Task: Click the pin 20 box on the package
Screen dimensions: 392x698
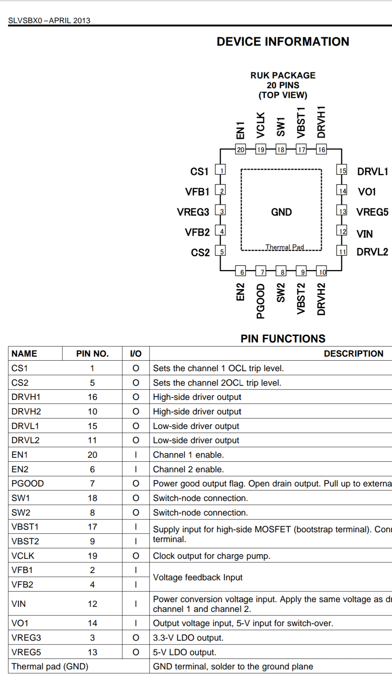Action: [240, 149]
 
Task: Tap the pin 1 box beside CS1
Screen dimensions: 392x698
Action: [220, 170]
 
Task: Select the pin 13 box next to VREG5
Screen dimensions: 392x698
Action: [342, 211]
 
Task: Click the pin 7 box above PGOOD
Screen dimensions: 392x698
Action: [261, 271]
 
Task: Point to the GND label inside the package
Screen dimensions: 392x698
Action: [281, 212]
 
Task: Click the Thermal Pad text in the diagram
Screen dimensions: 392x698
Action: [285, 247]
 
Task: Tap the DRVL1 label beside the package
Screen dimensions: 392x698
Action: [373, 172]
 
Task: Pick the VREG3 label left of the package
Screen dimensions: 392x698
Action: [193, 212]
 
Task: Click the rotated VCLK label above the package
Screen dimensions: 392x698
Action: [261, 125]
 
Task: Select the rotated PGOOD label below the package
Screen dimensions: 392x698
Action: [261, 301]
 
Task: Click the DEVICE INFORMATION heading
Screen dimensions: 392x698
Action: [283, 41]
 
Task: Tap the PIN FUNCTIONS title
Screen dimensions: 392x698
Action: [283, 338]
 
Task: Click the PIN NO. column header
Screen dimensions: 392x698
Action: [92, 354]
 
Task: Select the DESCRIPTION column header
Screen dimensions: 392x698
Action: [354, 354]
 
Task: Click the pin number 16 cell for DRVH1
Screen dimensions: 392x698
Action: [93, 397]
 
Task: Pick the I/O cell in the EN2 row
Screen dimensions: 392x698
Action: [136, 469]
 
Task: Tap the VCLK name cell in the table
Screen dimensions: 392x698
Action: [23, 556]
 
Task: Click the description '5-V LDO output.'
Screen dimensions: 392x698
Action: [184, 652]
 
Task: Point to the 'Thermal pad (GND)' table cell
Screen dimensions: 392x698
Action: [50, 666]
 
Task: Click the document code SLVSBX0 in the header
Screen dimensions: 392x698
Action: [25, 21]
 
